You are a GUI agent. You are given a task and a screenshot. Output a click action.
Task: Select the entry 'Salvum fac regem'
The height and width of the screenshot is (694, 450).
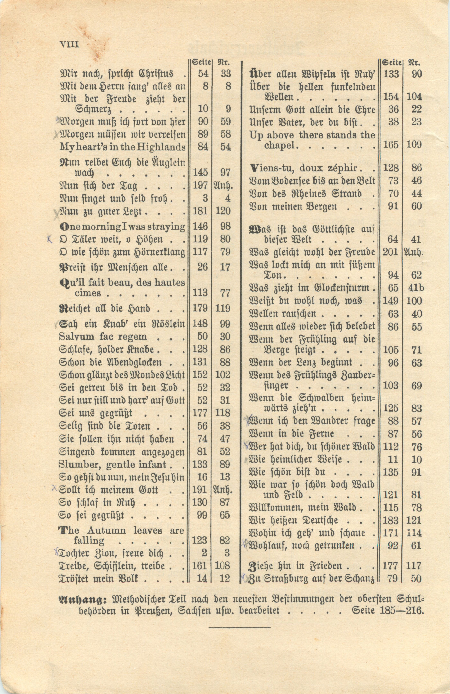coord(103,337)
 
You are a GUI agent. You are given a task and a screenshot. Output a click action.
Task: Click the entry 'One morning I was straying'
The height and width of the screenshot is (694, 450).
coord(122,226)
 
